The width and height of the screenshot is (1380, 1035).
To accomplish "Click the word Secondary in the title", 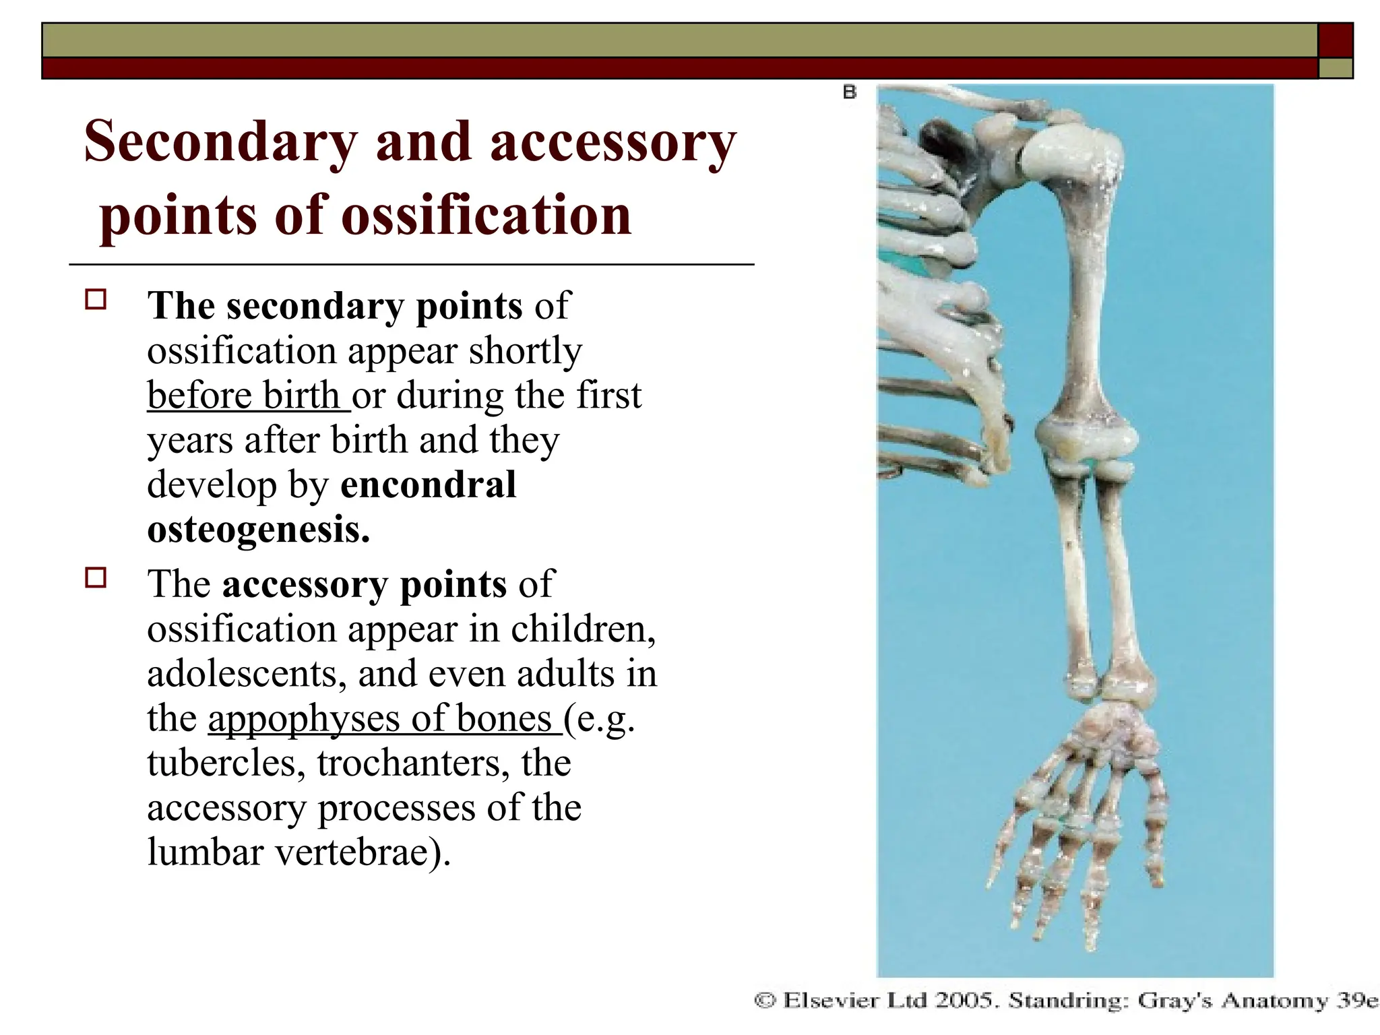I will (x=220, y=143).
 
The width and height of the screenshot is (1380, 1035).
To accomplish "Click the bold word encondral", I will (x=429, y=485).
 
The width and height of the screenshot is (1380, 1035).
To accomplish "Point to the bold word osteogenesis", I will (x=258, y=530).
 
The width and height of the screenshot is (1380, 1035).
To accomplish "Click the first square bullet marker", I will (x=96, y=300).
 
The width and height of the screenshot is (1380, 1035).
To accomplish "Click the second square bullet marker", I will (x=96, y=578).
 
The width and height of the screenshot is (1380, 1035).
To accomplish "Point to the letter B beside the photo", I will (x=849, y=92).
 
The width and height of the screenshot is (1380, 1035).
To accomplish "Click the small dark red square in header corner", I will (x=1335, y=40).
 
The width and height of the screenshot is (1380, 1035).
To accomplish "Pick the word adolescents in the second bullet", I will (x=246, y=674).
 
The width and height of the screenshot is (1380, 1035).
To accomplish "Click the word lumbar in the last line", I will (x=205, y=852).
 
